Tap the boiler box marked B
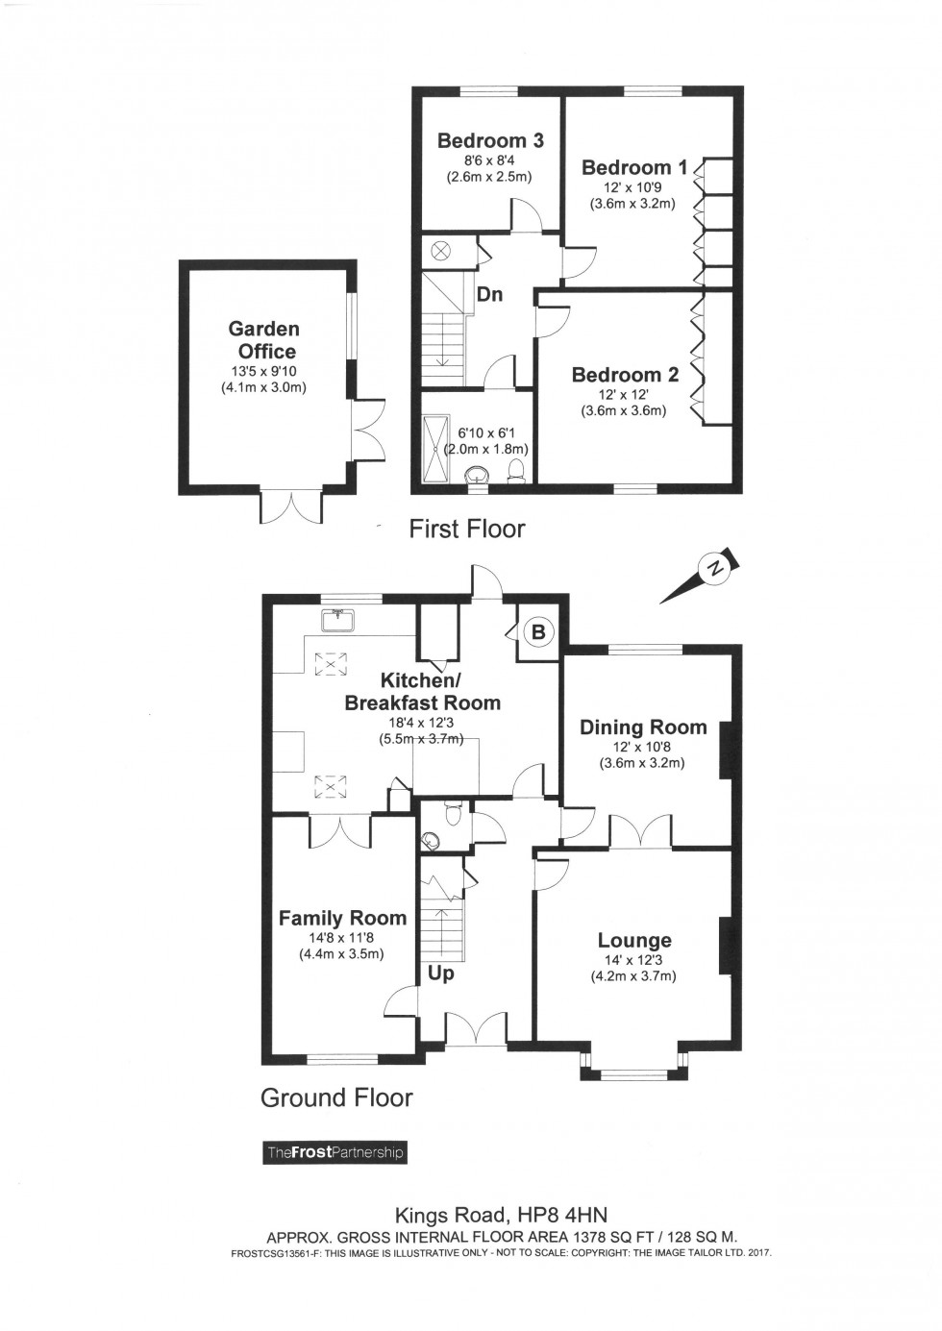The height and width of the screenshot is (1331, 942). pyautogui.click(x=538, y=631)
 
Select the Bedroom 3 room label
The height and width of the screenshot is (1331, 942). pyautogui.click(x=489, y=140)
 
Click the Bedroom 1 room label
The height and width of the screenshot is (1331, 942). pyautogui.click(x=634, y=167)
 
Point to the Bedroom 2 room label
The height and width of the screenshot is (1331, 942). pyautogui.click(x=625, y=375)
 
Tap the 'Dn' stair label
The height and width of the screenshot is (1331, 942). pyautogui.click(x=490, y=294)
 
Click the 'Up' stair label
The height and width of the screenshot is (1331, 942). pyautogui.click(x=440, y=973)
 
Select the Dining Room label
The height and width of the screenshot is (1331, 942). pyautogui.click(x=643, y=727)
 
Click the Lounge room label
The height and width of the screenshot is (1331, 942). pyautogui.click(x=634, y=940)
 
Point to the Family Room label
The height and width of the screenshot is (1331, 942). pyautogui.click(x=342, y=918)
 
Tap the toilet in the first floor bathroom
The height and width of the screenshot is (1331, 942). pyautogui.click(x=516, y=470)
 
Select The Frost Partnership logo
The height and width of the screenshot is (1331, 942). pyautogui.click(x=335, y=1152)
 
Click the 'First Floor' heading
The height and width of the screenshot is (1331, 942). pyautogui.click(x=467, y=529)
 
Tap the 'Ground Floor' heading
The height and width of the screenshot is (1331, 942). pyautogui.click(x=336, y=1097)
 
